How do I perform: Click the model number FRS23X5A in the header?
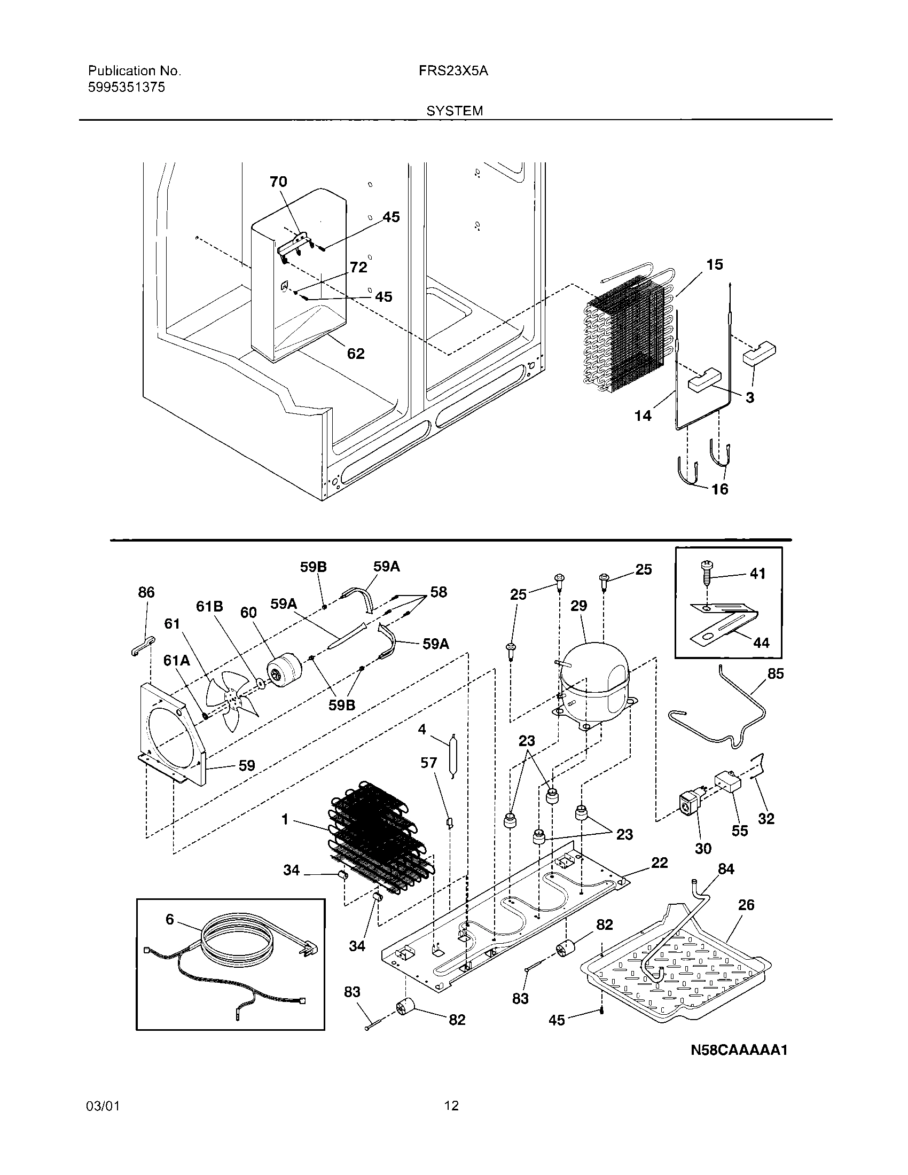(453, 71)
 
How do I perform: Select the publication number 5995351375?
(126, 87)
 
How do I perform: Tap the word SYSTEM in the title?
(455, 111)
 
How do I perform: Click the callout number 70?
(278, 182)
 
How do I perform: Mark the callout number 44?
(761, 643)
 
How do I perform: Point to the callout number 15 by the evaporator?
(714, 265)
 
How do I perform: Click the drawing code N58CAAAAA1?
(739, 1050)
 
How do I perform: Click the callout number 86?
(146, 592)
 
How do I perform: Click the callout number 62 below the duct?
(356, 354)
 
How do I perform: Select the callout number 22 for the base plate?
(659, 863)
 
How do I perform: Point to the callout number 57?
(429, 763)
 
